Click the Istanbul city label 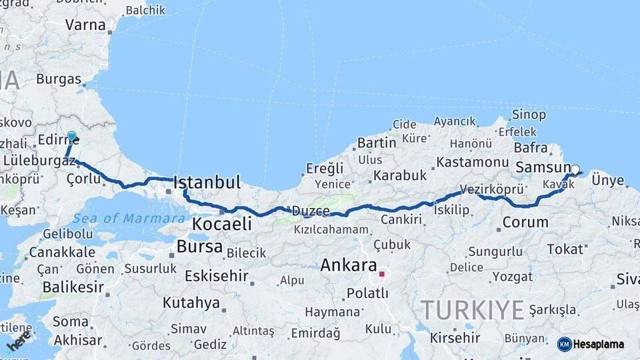[x=207, y=182]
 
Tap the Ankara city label [x=349, y=265]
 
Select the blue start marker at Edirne [x=72, y=137]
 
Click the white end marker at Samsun [x=575, y=169]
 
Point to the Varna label [x=85, y=25]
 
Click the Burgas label [x=59, y=79]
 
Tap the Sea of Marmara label [x=129, y=218]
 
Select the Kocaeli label [x=222, y=224]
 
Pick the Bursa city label [x=199, y=247]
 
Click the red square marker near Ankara [x=381, y=273]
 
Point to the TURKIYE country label [x=472, y=309]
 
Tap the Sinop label [x=529, y=115]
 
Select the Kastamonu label [x=473, y=162]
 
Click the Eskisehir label [x=217, y=276]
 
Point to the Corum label [x=525, y=223]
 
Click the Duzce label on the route [x=311, y=211]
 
